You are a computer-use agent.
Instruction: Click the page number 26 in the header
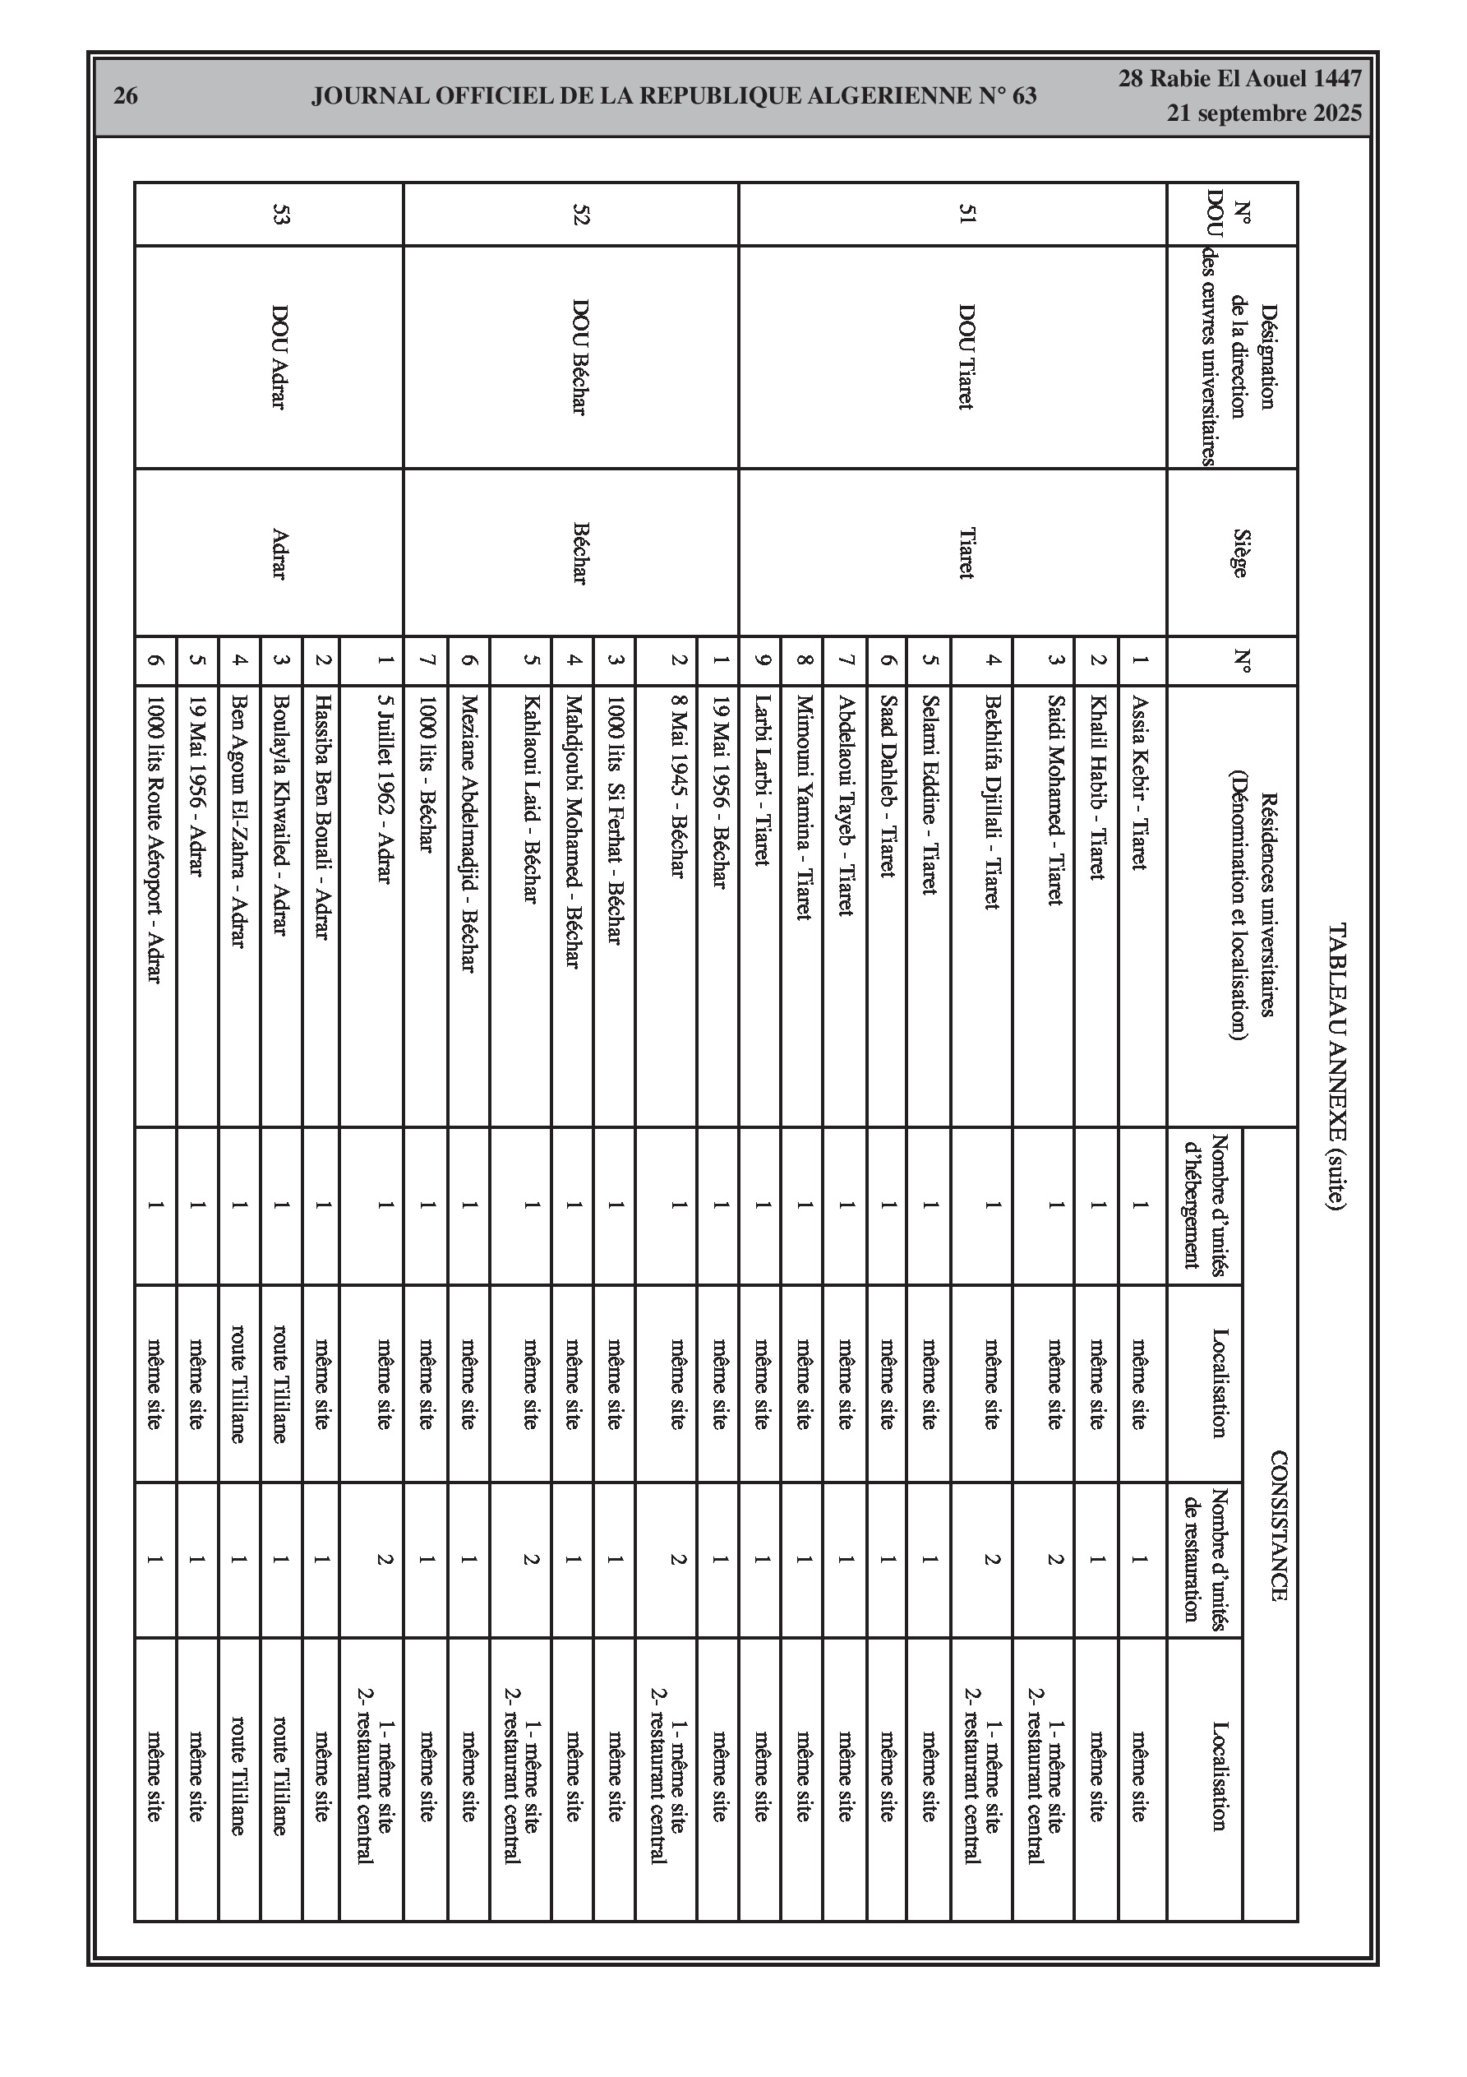coord(126,96)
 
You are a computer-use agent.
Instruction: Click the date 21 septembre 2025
coord(1263,113)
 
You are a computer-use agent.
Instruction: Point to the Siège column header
coord(1240,553)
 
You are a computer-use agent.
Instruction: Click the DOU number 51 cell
coord(966,215)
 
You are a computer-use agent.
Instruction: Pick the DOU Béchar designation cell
coord(579,358)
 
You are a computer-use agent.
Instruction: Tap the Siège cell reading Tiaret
coord(966,553)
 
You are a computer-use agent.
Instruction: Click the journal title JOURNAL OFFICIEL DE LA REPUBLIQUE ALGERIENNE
coord(674,96)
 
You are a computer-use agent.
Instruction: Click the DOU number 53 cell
coord(279,215)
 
